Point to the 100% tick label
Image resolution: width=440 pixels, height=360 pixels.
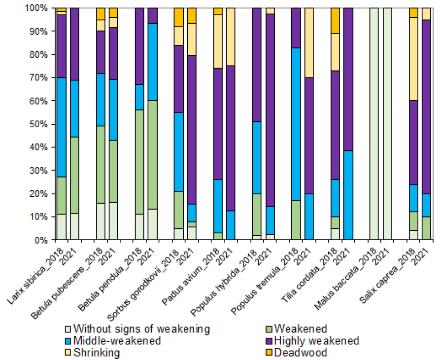[39, 8]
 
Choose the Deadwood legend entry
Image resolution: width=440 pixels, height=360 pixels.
[301, 352]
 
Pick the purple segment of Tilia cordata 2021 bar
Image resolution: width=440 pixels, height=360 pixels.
[348, 79]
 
